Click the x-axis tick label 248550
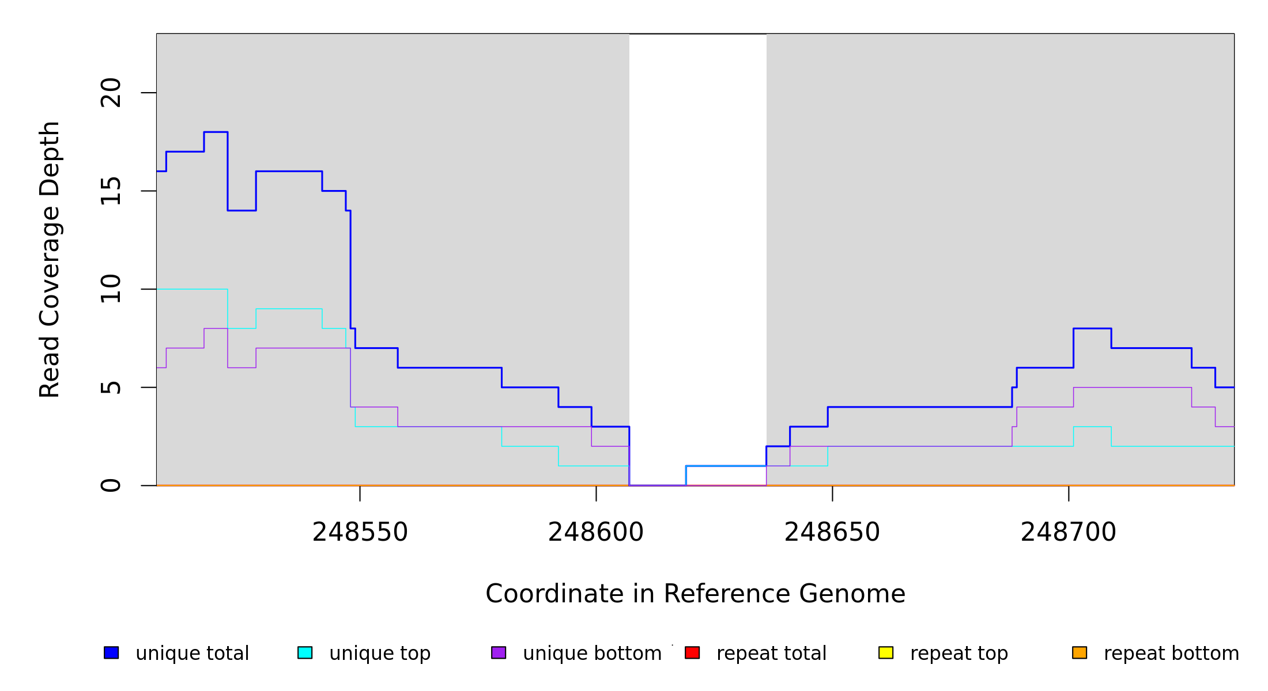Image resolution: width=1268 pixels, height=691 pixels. point(360,532)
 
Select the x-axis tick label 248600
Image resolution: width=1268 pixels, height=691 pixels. point(595,532)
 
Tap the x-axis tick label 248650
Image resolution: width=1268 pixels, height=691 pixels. point(832,532)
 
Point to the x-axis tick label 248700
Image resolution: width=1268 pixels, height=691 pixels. point(1068,532)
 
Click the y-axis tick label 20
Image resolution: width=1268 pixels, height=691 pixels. point(111,93)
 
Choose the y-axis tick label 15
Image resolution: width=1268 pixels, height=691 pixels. point(111,191)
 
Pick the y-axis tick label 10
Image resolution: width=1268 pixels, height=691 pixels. point(111,289)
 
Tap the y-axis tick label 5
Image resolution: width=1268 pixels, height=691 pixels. point(111,388)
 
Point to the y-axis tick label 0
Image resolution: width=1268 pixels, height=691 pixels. point(111,485)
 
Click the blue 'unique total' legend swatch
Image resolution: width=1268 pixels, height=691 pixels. point(111,652)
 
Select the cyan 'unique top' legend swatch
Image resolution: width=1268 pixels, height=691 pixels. point(305,652)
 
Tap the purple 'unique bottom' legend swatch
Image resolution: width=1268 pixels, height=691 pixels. point(499,652)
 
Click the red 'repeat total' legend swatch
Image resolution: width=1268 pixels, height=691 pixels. point(692,652)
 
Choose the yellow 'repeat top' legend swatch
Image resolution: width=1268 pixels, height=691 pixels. point(886,652)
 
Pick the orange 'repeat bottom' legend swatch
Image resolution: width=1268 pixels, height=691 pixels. point(1080,652)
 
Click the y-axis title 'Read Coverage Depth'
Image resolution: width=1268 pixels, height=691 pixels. point(50,259)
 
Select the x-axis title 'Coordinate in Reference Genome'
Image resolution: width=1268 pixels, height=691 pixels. point(695,594)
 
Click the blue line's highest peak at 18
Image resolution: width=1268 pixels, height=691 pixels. point(216,132)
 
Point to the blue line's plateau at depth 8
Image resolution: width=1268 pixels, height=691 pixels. point(1092,328)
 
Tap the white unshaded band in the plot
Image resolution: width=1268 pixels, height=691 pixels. point(697,230)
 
